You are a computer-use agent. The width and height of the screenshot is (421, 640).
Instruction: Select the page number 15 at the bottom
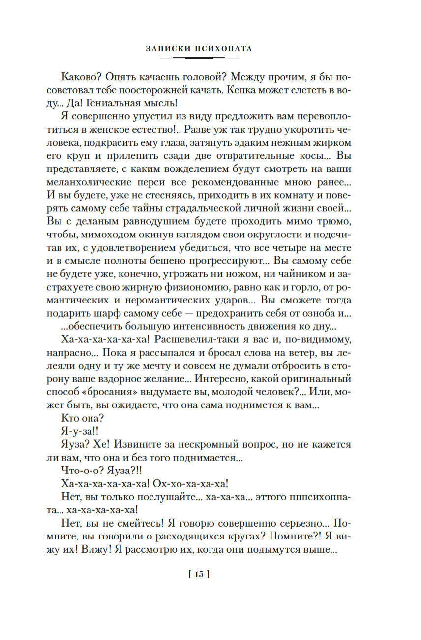click(199, 573)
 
